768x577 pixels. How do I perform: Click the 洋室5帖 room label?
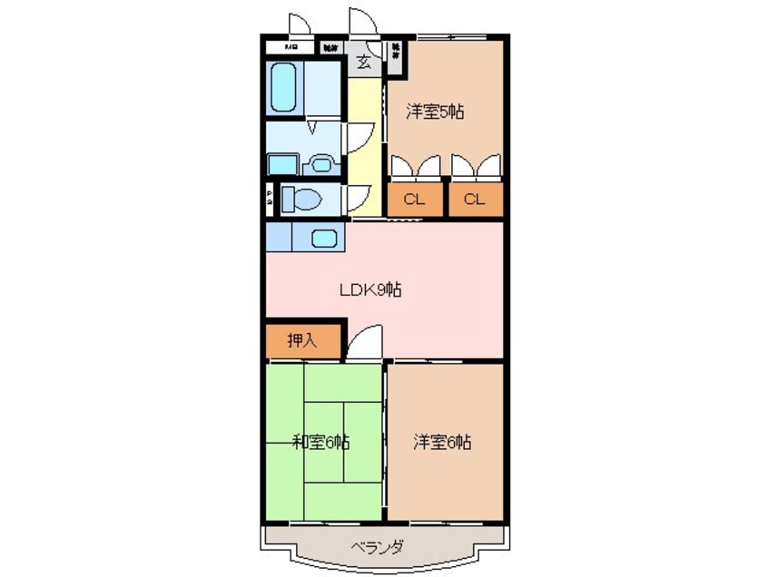click(x=435, y=112)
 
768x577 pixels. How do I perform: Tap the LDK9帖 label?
click(x=370, y=289)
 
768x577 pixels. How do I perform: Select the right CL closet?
click(x=474, y=200)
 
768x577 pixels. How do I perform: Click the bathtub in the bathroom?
click(x=285, y=87)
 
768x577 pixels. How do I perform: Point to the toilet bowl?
click(x=301, y=198)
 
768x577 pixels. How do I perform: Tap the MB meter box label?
click(x=292, y=46)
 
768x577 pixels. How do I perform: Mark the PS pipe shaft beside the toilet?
click(x=270, y=200)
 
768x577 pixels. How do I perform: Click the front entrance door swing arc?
click(x=360, y=20)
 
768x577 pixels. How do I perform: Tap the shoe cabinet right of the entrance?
click(x=397, y=54)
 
